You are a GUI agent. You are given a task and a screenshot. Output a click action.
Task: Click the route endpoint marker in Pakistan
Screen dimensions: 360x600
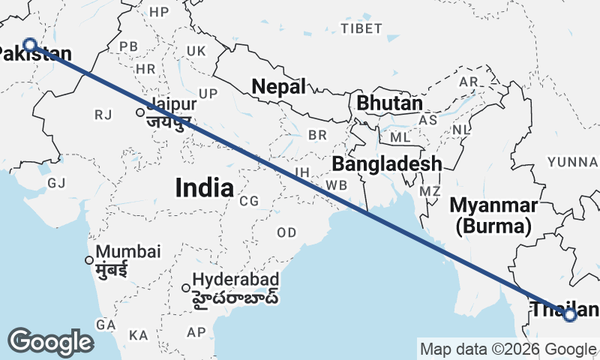tap(30, 44)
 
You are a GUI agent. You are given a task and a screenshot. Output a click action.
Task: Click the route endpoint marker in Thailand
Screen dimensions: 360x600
tap(570, 315)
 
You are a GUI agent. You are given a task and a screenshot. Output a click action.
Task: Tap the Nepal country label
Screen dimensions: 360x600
tap(279, 87)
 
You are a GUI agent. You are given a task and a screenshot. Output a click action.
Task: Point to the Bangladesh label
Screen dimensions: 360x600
tap(387, 163)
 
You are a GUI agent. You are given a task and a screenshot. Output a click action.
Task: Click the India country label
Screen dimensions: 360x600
tap(204, 187)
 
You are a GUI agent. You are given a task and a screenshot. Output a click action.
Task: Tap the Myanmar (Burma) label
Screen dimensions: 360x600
tap(493, 214)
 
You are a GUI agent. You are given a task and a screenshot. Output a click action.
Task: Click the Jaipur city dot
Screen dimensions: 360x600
tap(140, 113)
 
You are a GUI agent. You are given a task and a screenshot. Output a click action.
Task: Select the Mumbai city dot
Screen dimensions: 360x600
tap(89, 260)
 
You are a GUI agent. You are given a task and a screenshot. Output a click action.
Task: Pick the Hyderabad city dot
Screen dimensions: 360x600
tap(186, 287)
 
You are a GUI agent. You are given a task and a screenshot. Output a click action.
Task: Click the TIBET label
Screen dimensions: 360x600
tap(355, 28)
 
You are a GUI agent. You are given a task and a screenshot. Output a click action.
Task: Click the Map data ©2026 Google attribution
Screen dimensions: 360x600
tap(508, 349)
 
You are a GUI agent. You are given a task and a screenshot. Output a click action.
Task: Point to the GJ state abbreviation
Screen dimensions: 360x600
tap(56, 183)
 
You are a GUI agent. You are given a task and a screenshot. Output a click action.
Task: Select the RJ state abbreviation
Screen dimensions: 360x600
tap(102, 115)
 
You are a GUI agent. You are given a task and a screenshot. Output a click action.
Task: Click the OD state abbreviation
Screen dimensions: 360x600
tap(286, 232)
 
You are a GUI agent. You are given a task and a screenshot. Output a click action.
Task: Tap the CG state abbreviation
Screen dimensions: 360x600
tap(249, 201)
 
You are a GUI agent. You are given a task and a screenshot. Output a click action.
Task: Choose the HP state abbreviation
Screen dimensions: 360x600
tap(159, 12)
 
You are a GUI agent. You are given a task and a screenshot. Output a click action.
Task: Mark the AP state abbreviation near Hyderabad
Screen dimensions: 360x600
tap(196, 331)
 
